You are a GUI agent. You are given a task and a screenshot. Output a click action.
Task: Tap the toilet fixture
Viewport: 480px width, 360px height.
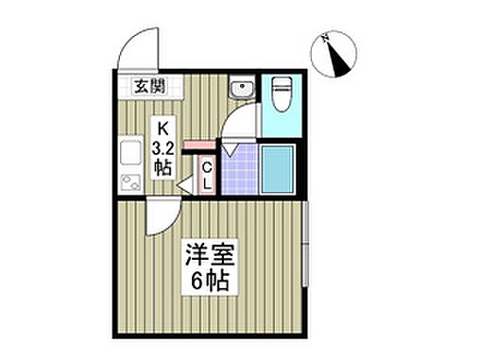point(279,94)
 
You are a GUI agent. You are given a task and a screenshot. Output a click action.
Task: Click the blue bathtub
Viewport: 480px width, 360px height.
point(279,168)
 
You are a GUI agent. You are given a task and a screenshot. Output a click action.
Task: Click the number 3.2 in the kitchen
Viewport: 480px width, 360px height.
point(162,146)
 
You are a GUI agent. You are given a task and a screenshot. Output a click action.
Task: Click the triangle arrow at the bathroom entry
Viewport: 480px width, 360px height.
point(229,147)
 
